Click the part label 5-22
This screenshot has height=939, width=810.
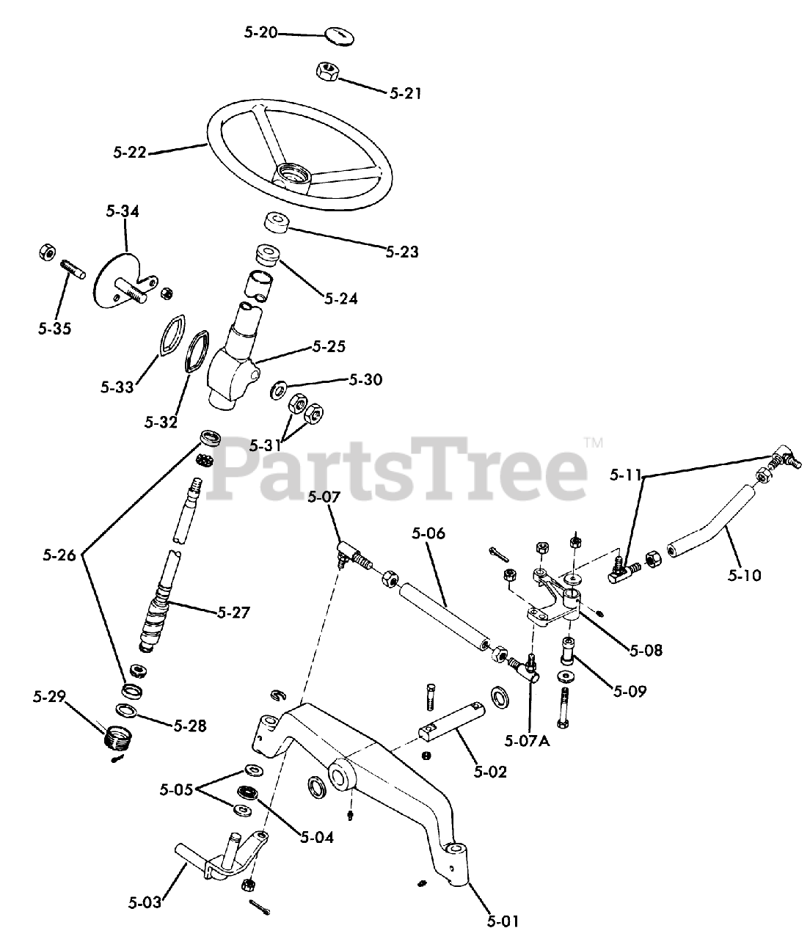(130, 153)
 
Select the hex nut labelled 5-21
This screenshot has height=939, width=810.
(326, 71)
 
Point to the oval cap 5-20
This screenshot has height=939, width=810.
(338, 34)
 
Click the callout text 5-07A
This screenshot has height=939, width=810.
(528, 739)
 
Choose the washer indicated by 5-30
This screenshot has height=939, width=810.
(280, 387)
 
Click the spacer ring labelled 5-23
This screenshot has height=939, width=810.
(275, 223)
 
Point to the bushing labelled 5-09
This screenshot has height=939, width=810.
(569, 648)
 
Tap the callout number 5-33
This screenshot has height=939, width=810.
(117, 386)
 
